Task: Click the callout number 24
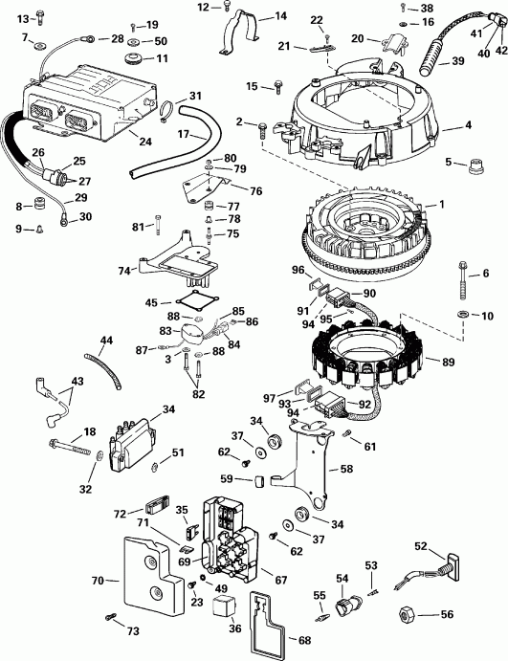145,142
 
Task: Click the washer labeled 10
463,314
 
